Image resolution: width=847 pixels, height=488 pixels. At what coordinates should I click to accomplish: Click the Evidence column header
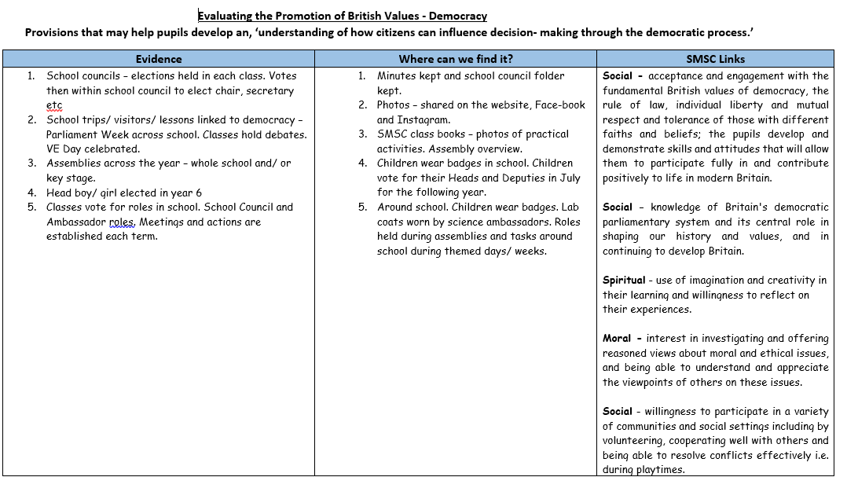(159, 59)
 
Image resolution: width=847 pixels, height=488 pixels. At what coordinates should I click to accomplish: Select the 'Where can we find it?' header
(456, 59)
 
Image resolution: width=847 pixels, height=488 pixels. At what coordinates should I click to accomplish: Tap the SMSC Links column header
(715, 59)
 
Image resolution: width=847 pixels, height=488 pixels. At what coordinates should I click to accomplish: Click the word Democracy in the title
(458, 16)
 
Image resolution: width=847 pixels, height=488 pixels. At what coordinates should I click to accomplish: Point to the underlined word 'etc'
(54, 105)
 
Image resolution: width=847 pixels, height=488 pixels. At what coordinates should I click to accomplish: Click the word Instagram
(424, 119)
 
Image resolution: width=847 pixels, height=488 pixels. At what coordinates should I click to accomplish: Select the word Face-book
(559, 105)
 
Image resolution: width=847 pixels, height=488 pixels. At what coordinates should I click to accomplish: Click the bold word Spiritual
(624, 280)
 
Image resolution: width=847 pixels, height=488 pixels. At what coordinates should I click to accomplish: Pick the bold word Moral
(617, 338)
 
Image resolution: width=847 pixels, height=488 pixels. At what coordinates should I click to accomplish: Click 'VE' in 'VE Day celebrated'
(54, 149)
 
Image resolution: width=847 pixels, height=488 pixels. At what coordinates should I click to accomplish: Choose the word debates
(286, 134)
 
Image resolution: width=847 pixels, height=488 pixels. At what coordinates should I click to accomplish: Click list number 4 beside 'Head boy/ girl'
(31, 193)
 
